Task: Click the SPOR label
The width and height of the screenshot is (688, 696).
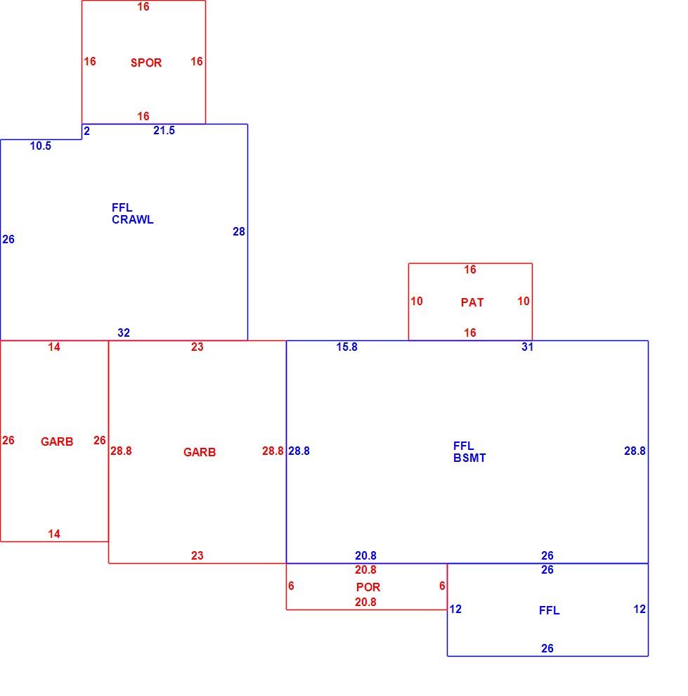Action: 146,63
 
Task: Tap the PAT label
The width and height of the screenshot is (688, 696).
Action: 472,302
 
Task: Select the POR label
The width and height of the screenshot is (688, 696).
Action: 368,587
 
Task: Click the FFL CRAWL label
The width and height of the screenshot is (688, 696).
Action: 133,214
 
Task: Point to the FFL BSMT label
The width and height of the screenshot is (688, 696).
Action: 469,452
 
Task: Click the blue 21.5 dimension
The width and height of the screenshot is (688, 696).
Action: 164,131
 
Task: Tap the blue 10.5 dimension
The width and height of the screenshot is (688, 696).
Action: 40,146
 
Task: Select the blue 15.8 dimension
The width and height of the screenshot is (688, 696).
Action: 347,347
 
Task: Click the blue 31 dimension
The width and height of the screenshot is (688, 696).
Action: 528,347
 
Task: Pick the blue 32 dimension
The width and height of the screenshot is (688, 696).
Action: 124,333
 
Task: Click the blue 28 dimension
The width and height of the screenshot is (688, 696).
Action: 239,231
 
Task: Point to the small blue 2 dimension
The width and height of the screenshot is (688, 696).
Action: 87,131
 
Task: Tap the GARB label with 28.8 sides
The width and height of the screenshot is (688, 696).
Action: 200,452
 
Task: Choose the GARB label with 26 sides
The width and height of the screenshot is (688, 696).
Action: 57,442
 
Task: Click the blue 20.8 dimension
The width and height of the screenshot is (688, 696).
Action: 365,555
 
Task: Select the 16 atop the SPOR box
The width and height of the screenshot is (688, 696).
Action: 143,6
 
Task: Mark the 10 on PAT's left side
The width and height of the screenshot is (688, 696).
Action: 417,301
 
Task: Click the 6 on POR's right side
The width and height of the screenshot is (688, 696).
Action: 442,586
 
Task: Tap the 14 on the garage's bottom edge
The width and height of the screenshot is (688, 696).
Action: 54,534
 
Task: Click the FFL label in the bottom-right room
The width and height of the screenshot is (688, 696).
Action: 549,610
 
